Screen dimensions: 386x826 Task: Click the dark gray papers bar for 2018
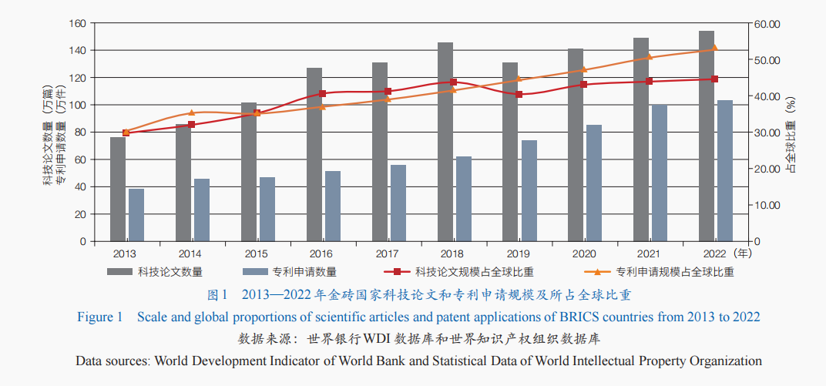445,143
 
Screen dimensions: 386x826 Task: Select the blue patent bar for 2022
724,171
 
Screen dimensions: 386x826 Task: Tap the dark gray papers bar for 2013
118,190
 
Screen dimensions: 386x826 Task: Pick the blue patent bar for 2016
332,206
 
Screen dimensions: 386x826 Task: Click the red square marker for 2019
519,94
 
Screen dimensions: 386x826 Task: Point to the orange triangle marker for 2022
714,48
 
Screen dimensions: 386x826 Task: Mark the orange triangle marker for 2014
191,113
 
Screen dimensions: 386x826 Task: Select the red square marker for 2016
322,93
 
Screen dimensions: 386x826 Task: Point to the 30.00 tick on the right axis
767,133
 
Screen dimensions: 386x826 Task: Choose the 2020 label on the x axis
583,253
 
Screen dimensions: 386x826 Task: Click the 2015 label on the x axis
256,253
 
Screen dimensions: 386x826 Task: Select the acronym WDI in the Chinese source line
377,338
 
